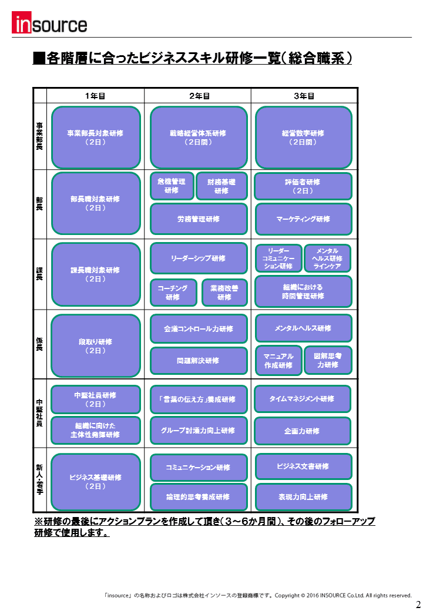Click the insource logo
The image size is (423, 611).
tap(49, 22)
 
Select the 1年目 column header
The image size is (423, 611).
tap(95, 96)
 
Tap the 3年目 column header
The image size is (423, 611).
tap(304, 96)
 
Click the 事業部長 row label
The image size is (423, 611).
tap(40, 136)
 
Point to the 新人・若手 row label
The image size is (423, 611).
tap(40, 479)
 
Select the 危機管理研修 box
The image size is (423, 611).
tap(172, 186)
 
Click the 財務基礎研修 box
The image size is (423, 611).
tap(221, 186)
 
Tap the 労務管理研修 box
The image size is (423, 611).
tap(199, 219)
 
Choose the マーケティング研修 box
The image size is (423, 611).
tap(303, 219)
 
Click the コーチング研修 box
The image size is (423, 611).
tap(173, 293)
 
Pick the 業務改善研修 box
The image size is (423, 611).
tap(225, 293)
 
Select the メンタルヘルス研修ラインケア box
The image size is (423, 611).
tap(328, 258)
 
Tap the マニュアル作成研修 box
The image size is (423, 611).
tap(278, 361)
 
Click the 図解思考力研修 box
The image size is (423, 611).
tap(328, 361)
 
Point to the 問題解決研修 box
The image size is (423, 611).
tap(199, 361)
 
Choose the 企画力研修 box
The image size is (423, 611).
tap(303, 431)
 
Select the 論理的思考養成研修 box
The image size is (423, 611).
tap(199, 497)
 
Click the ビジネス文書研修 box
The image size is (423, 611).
tap(303, 466)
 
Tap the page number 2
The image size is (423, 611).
tap(418, 604)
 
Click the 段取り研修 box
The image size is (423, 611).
tap(95, 345)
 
